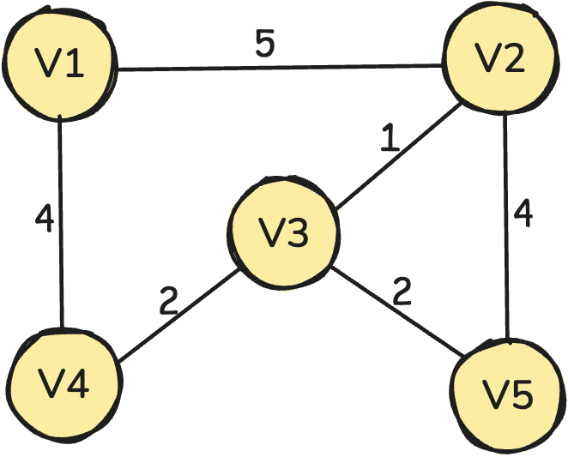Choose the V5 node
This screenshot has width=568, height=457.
tap(507, 395)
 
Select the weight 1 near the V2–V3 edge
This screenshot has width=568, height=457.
tap(390, 138)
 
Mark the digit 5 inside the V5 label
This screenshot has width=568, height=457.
tap(521, 396)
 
